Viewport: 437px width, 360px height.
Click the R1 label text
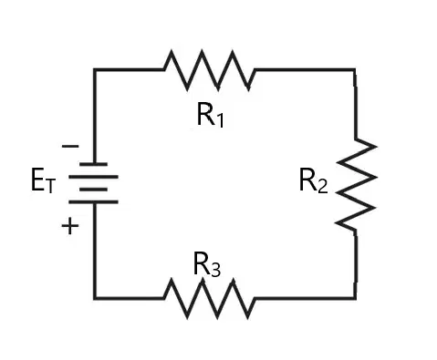(211, 115)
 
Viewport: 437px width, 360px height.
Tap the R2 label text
(314, 180)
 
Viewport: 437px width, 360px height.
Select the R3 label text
(207, 263)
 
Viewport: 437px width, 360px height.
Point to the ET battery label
(44, 180)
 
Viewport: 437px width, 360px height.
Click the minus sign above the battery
(70, 147)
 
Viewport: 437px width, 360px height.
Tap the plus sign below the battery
(70, 226)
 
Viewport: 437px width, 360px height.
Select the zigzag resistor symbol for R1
(210, 70)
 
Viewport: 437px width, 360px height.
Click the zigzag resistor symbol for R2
(356, 185)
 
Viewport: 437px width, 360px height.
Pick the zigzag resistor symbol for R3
(210, 298)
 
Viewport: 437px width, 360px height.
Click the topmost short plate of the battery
(94, 164)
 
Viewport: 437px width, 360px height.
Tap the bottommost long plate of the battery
(94, 202)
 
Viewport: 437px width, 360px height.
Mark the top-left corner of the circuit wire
(95, 70)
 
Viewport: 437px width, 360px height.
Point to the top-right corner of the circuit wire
(354, 70)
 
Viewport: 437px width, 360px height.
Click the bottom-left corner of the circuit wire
(95, 298)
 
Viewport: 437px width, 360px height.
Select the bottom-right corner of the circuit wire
(355, 298)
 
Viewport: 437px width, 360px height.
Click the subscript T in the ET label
(50, 186)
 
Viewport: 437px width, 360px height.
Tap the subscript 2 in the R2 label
(323, 186)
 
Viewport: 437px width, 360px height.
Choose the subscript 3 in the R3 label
(215, 270)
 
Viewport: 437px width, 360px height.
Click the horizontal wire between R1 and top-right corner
(305, 70)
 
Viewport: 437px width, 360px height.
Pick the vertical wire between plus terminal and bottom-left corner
(95, 251)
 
